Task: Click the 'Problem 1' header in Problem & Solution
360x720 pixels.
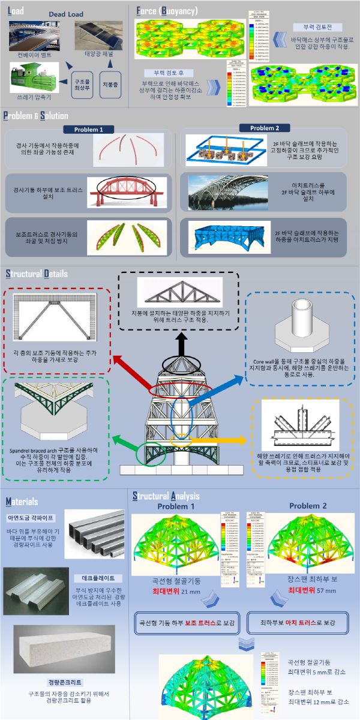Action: tap(89, 130)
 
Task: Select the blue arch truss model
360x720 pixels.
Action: tap(223, 236)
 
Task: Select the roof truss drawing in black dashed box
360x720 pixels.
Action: tap(180, 296)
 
